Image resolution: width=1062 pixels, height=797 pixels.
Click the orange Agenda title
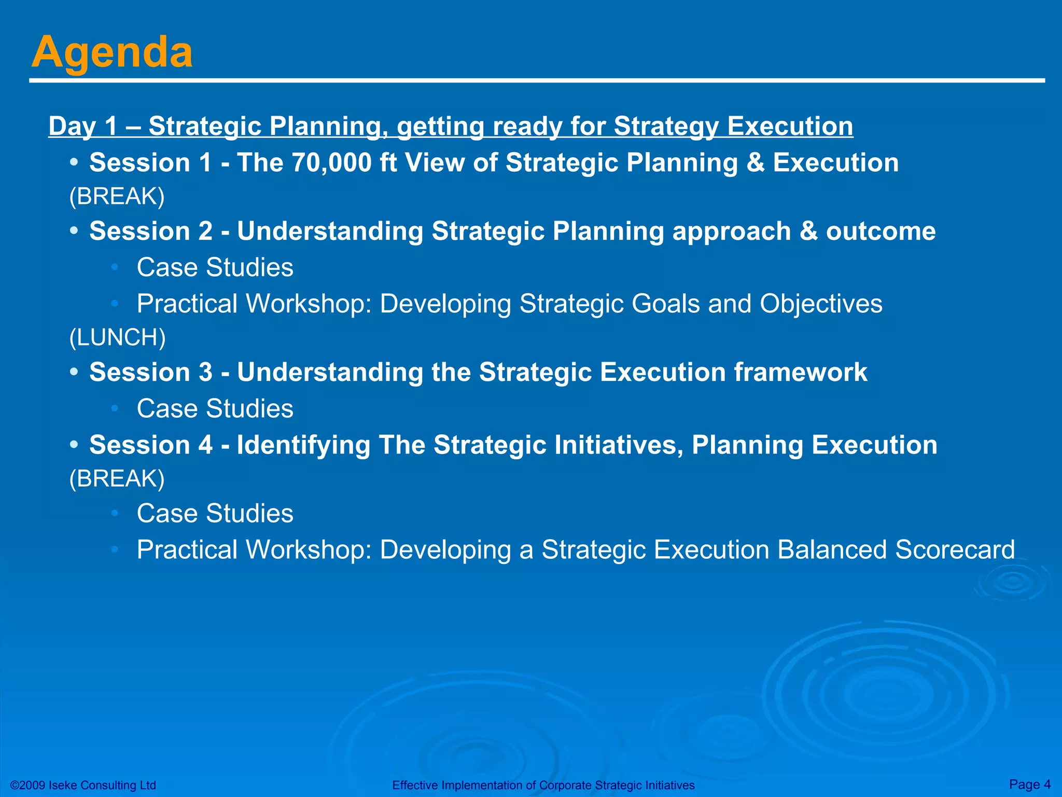(x=112, y=52)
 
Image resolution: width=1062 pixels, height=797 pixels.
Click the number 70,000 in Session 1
(x=331, y=162)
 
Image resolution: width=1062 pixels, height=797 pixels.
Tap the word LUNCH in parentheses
(x=117, y=337)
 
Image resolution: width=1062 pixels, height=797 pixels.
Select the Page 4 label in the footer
(x=1029, y=784)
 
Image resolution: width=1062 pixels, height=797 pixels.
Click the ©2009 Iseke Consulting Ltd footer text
(x=83, y=785)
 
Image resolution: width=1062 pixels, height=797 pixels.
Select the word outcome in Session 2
(x=881, y=231)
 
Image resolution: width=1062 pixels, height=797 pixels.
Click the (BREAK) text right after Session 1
(x=117, y=196)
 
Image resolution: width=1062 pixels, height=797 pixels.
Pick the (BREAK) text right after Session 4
(x=117, y=478)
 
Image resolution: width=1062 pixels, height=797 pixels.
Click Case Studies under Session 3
(x=215, y=408)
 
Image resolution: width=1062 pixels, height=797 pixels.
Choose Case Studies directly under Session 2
(x=215, y=267)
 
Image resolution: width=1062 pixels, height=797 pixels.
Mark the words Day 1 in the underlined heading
(x=83, y=126)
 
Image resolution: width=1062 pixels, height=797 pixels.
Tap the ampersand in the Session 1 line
(x=756, y=162)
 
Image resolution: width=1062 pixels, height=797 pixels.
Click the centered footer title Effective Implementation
(x=543, y=785)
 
